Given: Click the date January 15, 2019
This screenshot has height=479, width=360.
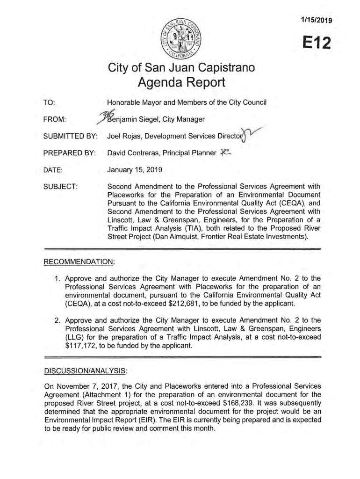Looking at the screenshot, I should pos(136,170).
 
